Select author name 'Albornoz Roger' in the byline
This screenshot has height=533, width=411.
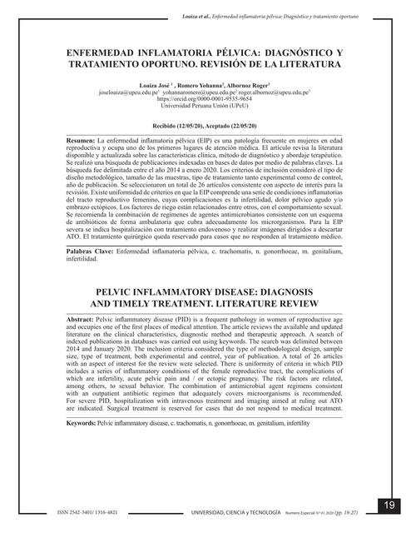[x=246, y=83]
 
